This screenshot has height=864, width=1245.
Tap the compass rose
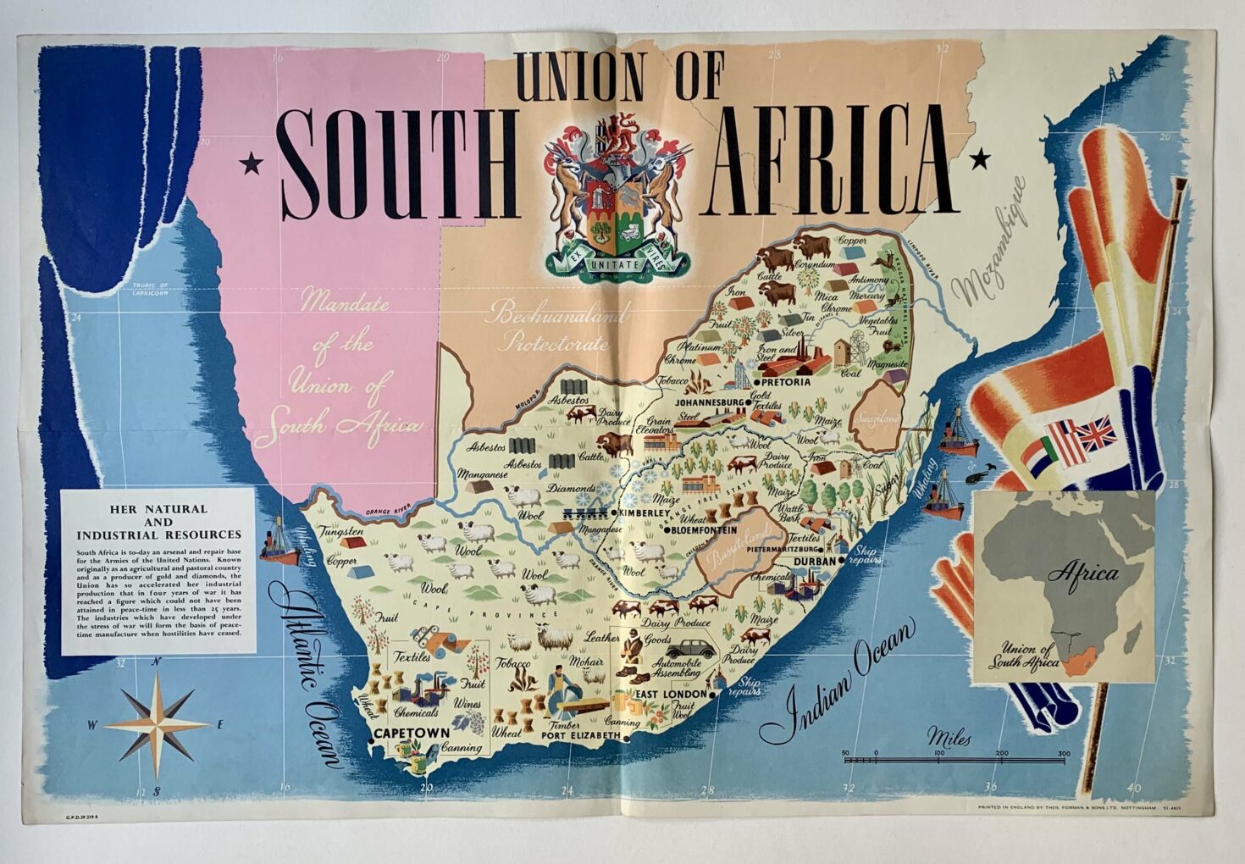158,724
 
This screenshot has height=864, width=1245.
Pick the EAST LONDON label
671,695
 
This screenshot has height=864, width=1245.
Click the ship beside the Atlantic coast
279,543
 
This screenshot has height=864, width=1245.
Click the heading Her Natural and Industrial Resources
158,522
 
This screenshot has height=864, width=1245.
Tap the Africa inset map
1065,588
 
